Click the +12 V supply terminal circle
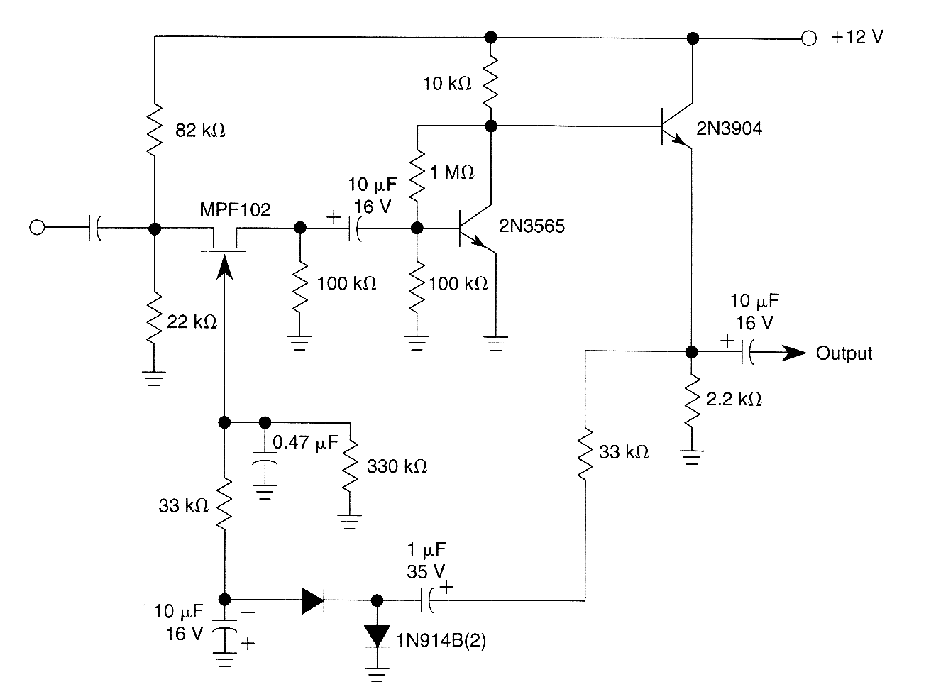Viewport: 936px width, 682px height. point(808,38)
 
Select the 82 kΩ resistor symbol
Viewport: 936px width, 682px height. point(154,130)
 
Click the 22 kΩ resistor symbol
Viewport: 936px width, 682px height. point(154,320)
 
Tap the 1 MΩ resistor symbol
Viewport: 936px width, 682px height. point(417,173)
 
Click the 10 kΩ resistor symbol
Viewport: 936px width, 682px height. point(490,82)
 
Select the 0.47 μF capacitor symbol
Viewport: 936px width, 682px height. point(265,466)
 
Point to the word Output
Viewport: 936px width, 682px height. point(844,353)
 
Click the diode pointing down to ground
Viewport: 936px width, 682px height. point(377,634)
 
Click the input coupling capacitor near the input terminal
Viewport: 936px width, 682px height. point(94,228)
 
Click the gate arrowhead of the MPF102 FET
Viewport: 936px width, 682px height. point(224,266)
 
